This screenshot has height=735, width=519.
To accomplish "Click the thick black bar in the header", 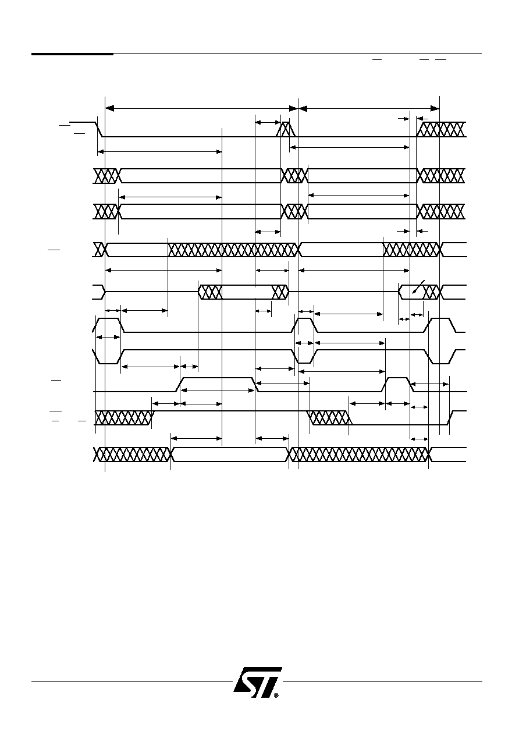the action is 72,54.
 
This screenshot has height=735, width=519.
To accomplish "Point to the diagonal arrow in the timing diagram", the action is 418,286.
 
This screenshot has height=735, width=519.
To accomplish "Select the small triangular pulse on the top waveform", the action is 286,129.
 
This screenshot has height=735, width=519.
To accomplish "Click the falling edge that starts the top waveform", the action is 99,129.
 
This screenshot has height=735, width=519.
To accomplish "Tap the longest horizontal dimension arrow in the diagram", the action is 201,108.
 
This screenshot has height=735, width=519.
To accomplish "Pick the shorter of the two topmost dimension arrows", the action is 369,108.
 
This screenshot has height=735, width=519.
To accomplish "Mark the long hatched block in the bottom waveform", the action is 360,455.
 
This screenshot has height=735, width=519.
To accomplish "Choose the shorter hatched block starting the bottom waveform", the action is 133,455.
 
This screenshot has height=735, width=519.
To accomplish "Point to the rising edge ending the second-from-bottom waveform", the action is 451,417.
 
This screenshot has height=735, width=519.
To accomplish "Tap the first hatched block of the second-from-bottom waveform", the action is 125,418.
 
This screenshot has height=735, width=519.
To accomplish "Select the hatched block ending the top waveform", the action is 441,129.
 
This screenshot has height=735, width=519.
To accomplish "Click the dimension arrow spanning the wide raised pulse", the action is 218,390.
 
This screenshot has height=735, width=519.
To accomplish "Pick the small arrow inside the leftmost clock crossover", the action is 108,337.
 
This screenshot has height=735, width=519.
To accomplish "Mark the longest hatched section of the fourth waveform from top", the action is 233,250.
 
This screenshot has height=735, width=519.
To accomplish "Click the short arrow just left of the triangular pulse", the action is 268,122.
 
